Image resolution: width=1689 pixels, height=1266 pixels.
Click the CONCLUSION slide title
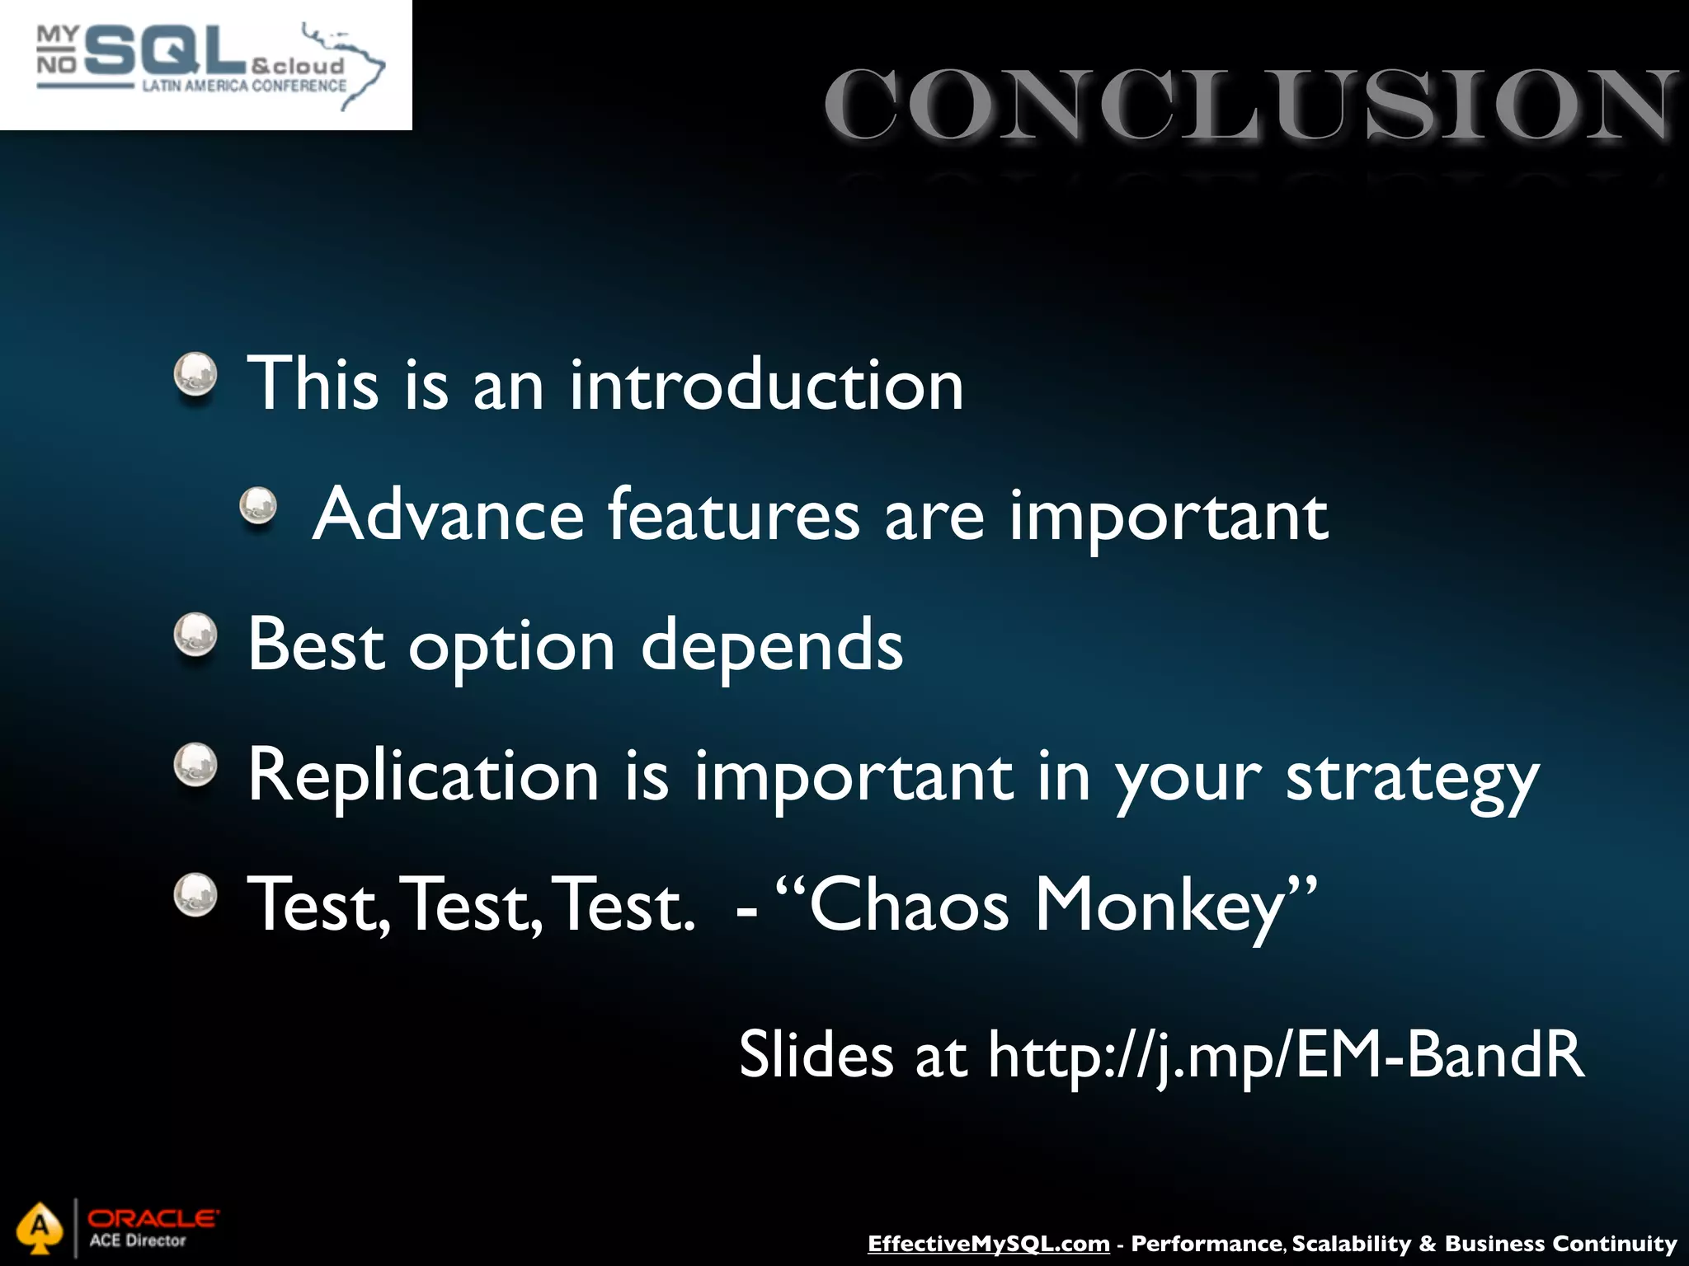point(1249,105)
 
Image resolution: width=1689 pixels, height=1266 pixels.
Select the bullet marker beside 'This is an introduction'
point(195,375)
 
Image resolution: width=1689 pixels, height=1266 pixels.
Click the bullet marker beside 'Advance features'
point(258,505)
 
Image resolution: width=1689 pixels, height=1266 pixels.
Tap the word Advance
point(449,515)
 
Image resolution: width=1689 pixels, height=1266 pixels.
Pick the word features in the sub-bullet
point(734,515)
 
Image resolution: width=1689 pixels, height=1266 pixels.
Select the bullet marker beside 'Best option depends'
point(195,635)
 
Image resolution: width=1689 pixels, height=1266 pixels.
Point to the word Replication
point(423,776)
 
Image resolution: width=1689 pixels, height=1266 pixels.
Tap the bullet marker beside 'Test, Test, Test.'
point(195,894)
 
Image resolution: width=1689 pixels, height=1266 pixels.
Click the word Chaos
point(909,905)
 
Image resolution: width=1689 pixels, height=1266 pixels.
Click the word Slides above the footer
point(815,1054)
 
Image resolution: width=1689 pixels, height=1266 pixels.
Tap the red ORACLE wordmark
point(153,1218)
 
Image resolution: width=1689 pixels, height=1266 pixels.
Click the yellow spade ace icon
point(40,1228)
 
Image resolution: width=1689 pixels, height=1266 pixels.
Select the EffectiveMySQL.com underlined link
point(988,1244)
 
